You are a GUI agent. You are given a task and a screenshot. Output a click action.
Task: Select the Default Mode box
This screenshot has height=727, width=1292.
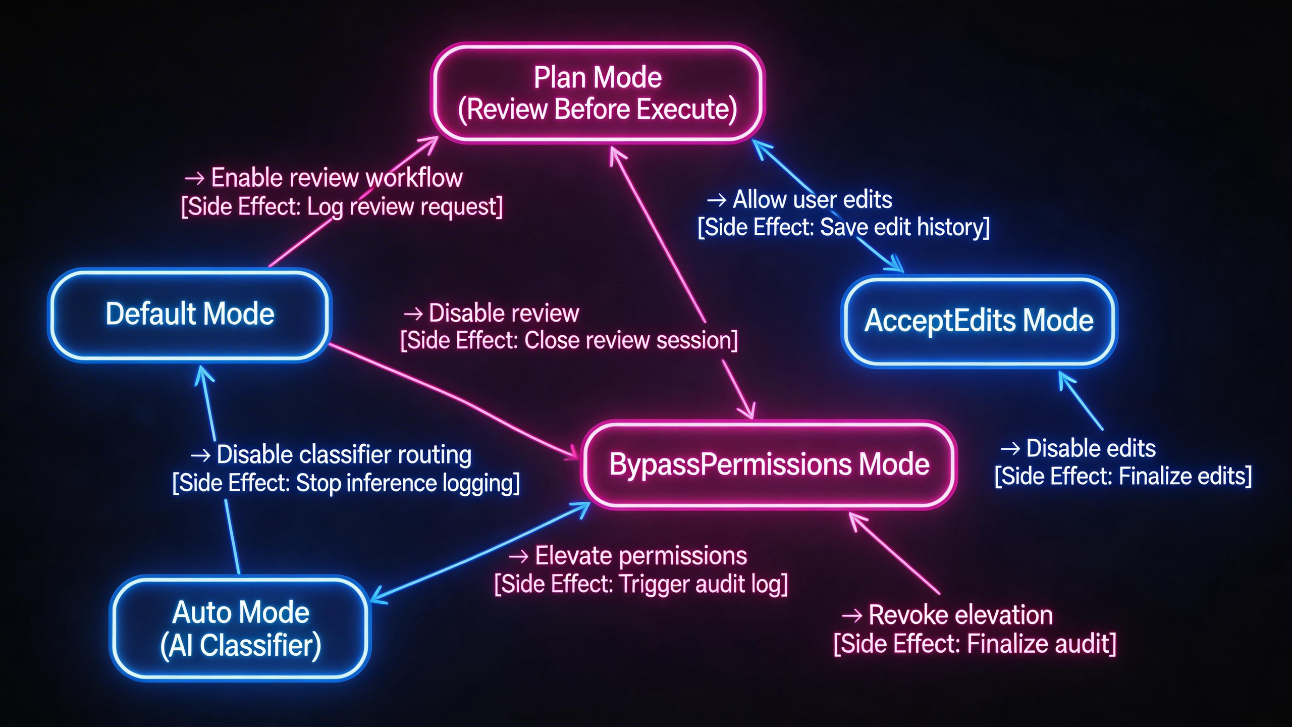point(190,314)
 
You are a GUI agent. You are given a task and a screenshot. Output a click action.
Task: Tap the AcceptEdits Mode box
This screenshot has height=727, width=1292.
point(979,321)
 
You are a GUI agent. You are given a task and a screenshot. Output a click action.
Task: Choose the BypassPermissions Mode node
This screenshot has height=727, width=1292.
point(769,464)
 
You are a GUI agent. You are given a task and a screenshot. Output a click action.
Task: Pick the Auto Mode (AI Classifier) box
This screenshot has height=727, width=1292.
point(241,629)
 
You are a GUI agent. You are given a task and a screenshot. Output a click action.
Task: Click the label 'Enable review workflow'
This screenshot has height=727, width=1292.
point(336,178)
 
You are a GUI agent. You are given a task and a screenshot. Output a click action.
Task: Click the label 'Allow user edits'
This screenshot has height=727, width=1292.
point(812,199)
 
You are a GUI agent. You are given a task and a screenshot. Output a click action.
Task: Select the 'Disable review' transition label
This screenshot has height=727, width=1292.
point(503,313)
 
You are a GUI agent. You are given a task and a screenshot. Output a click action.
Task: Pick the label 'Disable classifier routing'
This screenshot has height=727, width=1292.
point(344,454)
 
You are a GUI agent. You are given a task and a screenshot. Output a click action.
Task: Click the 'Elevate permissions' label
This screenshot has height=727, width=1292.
point(640,556)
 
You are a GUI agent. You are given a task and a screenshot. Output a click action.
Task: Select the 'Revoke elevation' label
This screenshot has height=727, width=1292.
point(960,615)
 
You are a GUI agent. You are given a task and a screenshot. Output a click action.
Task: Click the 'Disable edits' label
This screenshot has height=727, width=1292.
point(1091,448)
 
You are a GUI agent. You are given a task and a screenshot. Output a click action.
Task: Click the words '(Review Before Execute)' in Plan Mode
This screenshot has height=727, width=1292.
point(598,110)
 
